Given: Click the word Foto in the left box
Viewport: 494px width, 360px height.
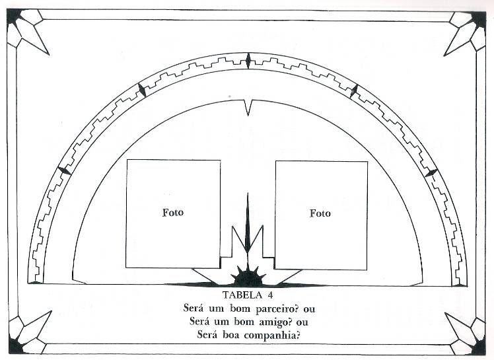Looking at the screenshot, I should click(x=172, y=213).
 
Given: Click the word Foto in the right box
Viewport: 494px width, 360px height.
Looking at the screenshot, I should click(x=320, y=213).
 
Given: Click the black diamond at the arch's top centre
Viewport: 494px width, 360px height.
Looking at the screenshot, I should click(x=248, y=61).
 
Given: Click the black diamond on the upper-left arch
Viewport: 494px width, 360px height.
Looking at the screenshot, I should click(x=141, y=90).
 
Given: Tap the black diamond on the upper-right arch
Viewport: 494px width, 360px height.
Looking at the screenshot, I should click(x=354, y=90).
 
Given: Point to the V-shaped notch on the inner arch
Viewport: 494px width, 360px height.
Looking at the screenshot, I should click(x=248, y=107).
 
